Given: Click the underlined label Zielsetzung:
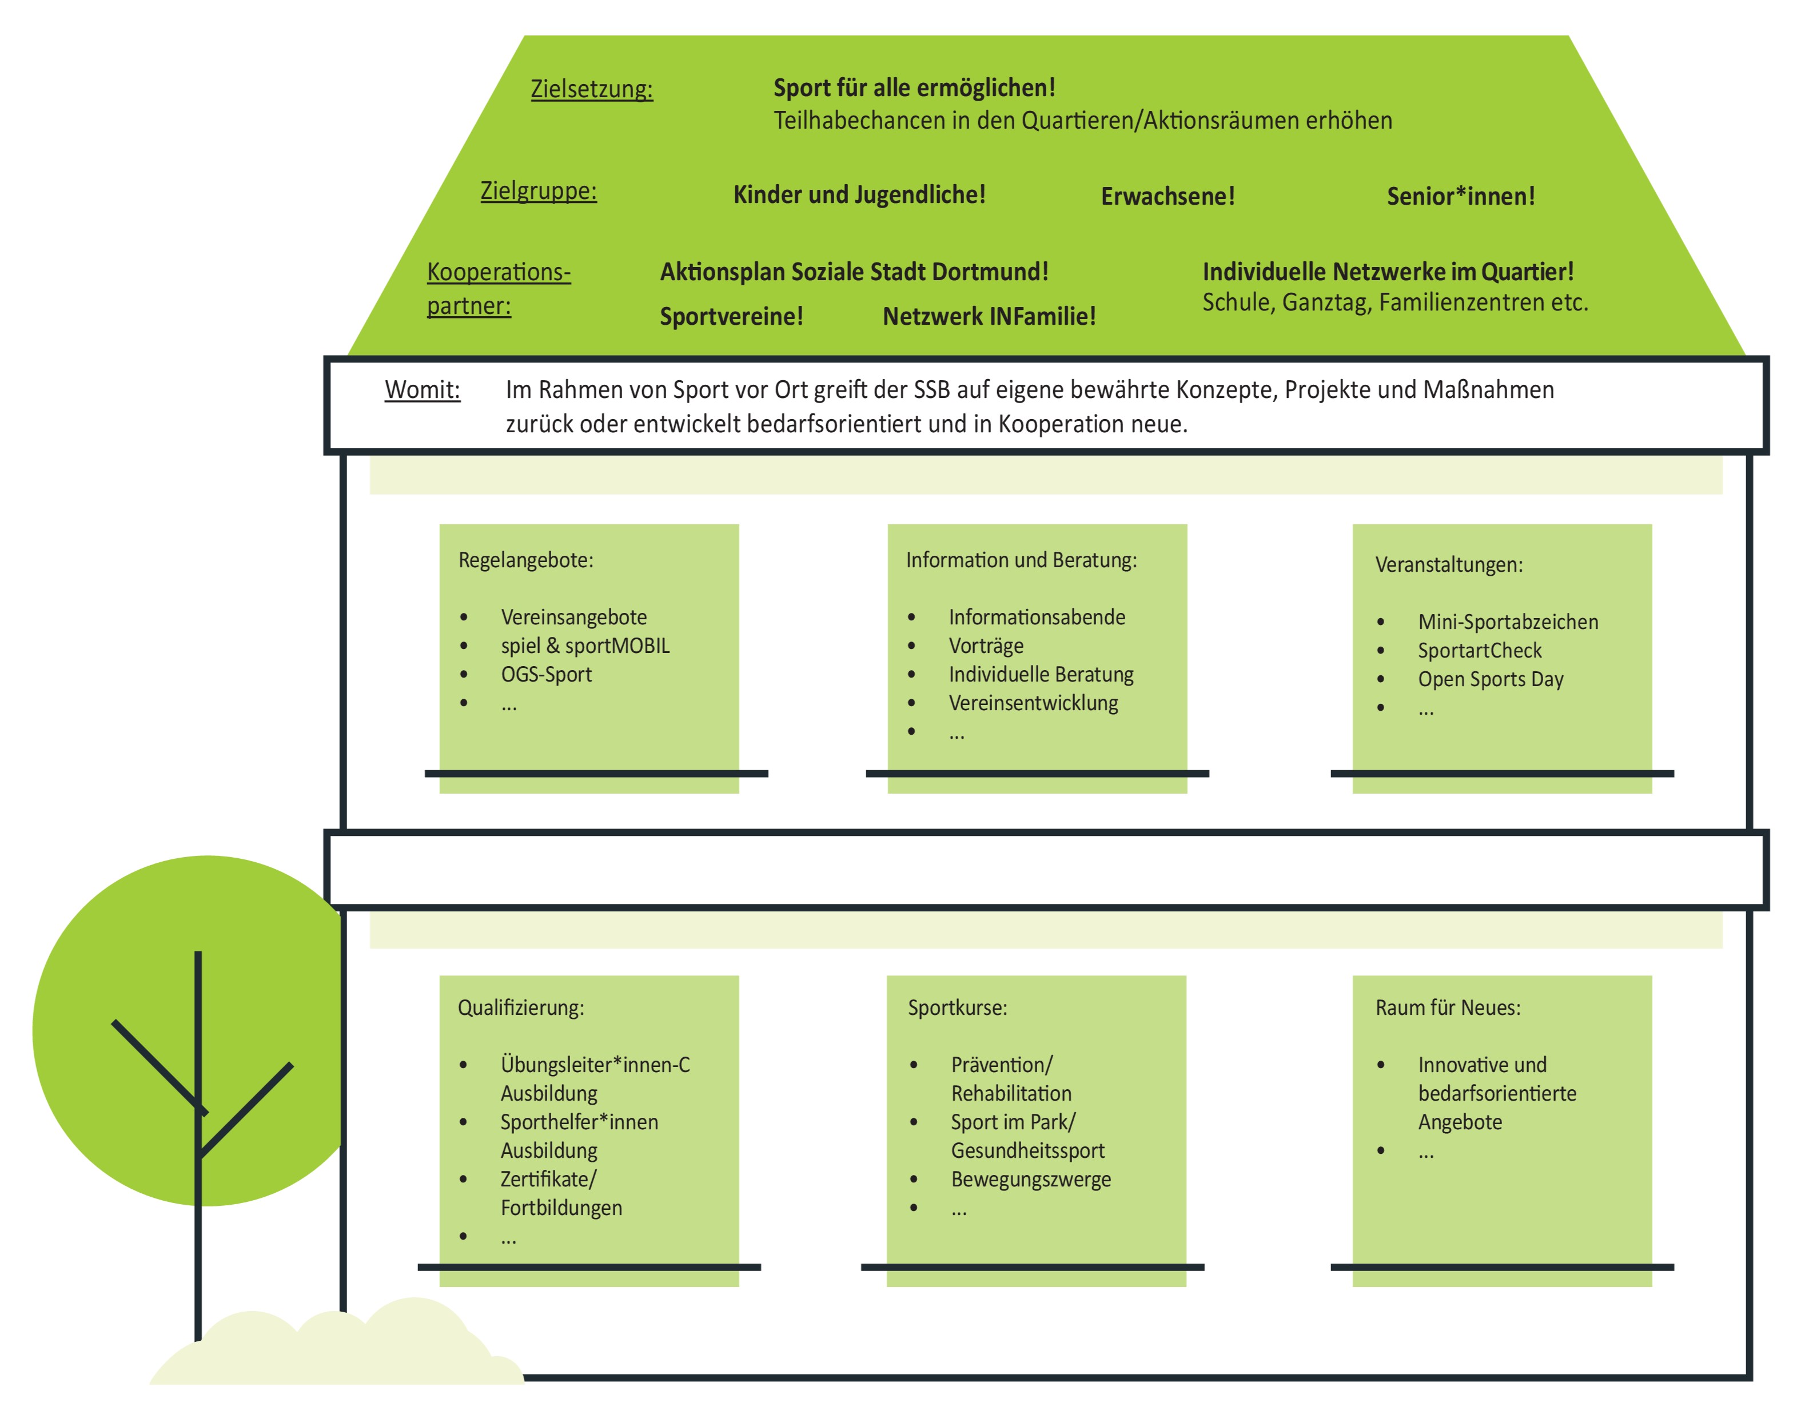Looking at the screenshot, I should (x=591, y=89).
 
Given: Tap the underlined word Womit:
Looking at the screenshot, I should (x=422, y=389).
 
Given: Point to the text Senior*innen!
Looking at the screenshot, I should (x=1460, y=196).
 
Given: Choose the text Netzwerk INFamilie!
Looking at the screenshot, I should (x=989, y=316).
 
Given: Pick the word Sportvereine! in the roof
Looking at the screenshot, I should (x=731, y=316).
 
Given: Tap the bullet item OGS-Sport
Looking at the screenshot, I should (x=546, y=674).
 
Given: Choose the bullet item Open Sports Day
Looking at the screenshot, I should (x=1490, y=679).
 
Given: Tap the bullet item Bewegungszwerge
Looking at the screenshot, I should (x=1030, y=1179).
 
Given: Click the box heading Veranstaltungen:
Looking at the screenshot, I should (x=1449, y=564).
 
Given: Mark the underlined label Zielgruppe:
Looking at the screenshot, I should (x=538, y=191).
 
